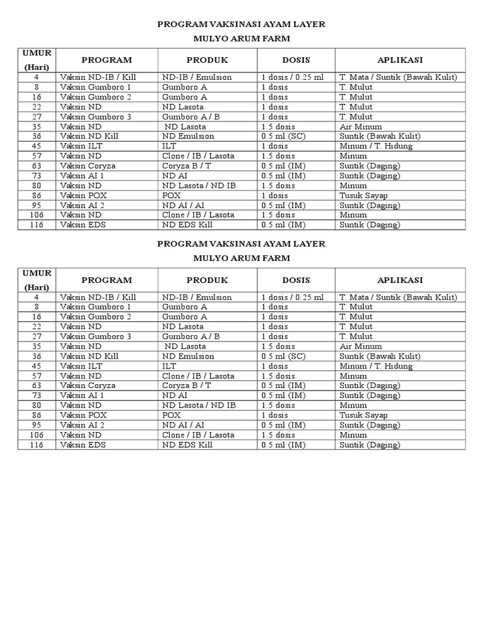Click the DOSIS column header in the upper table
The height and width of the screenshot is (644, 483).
(296, 60)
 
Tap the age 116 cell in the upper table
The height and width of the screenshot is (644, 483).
(36, 225)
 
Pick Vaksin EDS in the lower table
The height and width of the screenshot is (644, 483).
(83, 445)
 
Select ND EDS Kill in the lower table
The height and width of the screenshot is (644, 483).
(187, 445)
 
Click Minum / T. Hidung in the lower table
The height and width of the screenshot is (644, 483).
(376, 366)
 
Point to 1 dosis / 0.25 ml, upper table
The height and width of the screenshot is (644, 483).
(292, 77)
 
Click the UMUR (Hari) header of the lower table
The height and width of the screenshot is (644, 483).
(36, 280)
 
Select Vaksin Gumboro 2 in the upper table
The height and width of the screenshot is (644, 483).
(96, 97)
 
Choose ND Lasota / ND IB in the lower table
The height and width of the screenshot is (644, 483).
(199, 406)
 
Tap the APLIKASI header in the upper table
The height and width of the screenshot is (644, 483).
(400, 60)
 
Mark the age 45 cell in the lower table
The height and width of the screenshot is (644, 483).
(36, 366)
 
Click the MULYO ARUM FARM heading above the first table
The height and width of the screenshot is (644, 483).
(241, 38)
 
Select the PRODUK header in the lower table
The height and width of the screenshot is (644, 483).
(207, 280)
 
